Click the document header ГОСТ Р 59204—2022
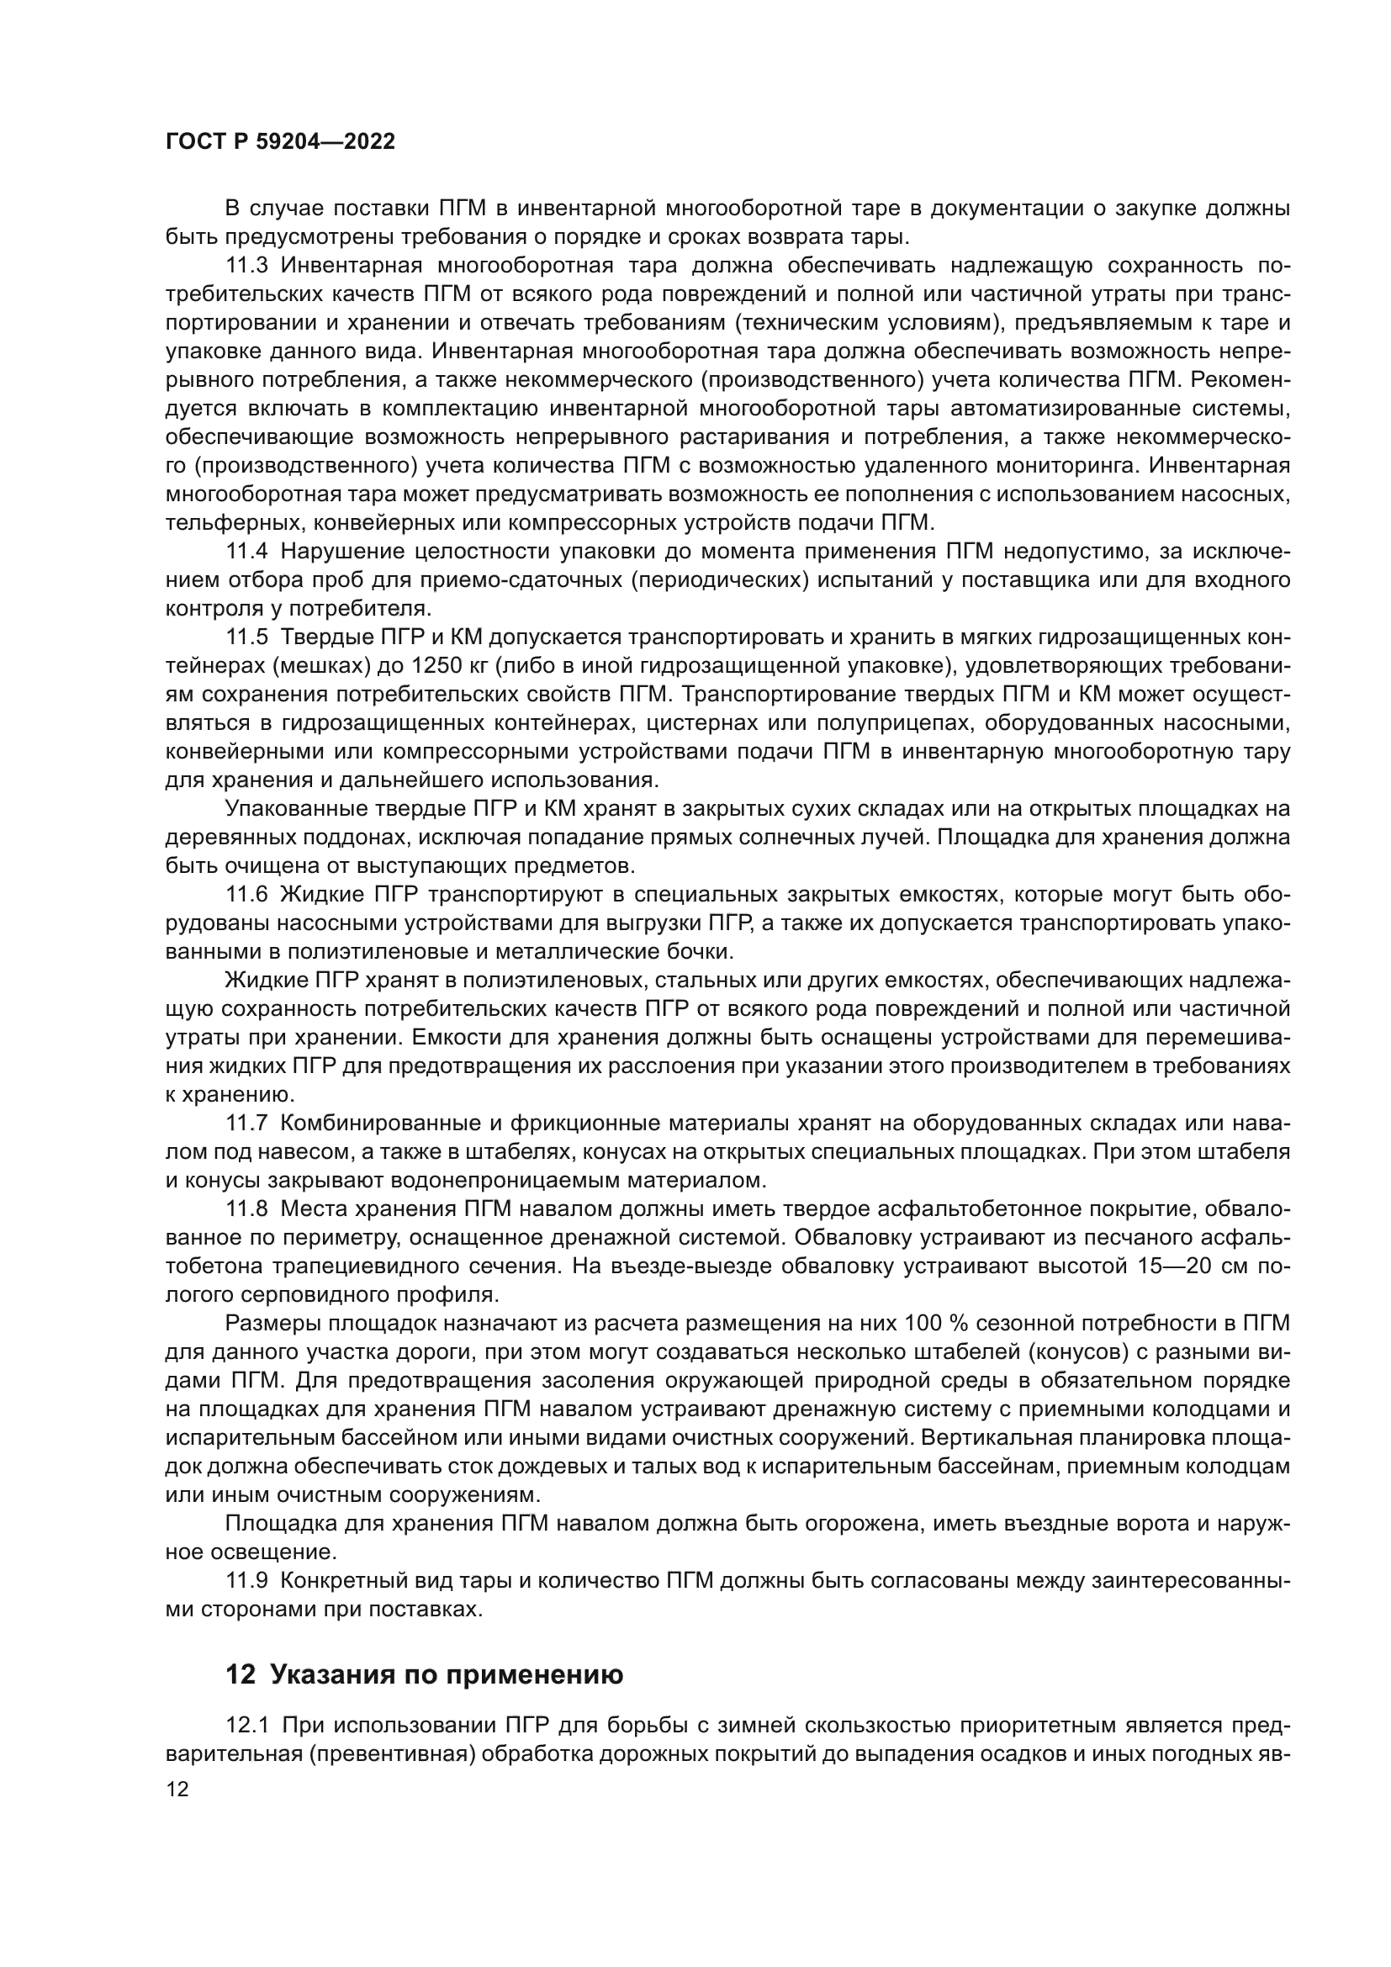click(x=280, y=142)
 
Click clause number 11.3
click(x=247, y=266)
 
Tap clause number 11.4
click(x=247, y=551)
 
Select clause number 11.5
click(x=247, y=637)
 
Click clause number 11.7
click(x=247, y=1124)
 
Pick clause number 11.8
click(x=247, y=1208)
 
